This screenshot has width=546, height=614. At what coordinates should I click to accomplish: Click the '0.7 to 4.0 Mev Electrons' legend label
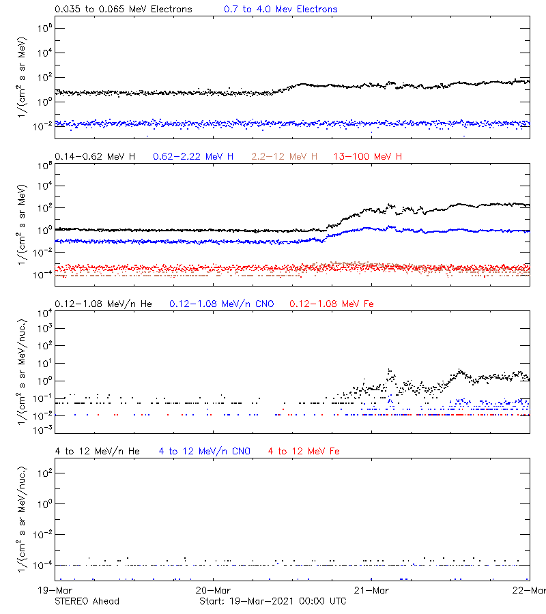281,10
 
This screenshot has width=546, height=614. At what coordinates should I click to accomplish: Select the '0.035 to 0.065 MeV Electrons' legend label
124,10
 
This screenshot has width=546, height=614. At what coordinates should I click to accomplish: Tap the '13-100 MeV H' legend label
368,157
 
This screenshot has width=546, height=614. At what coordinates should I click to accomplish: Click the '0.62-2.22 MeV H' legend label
193,157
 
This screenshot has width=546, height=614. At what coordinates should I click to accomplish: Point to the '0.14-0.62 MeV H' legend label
95,157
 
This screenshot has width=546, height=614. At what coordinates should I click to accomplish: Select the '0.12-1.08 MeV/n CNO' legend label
221,304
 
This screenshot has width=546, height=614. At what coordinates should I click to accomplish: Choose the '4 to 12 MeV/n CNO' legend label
204,451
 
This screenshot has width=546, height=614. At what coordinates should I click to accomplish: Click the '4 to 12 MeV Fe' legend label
304,451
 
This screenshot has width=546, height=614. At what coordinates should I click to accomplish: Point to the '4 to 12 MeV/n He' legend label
97,451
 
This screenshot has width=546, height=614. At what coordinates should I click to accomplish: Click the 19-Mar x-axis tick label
55,590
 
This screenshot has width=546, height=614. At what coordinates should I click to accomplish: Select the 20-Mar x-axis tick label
213,590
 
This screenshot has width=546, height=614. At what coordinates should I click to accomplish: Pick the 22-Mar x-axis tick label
530,590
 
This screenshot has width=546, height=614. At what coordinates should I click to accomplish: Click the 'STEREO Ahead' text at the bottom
87,601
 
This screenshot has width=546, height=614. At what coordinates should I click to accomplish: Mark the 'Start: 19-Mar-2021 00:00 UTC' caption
272,601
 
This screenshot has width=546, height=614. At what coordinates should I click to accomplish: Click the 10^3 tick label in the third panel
40,329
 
